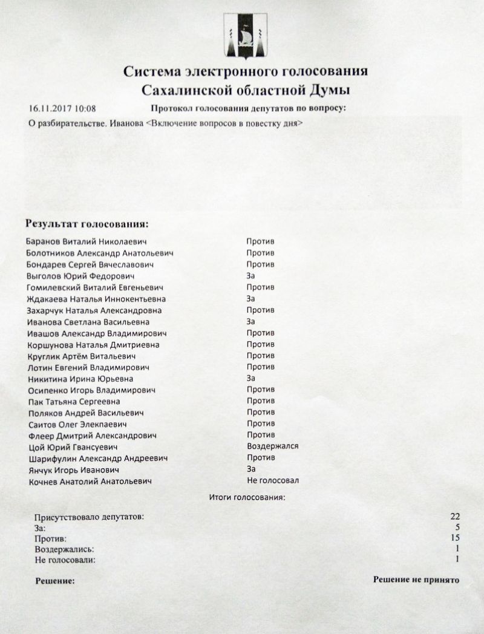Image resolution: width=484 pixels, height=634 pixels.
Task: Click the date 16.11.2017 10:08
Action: point(62,109)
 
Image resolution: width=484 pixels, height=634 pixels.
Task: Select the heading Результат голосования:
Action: point(87,224)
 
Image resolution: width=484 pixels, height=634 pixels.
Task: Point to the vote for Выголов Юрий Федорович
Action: point(251,276)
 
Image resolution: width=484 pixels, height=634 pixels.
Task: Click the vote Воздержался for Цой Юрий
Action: point(273,446)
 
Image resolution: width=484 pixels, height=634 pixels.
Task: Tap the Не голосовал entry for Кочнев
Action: point(273,481)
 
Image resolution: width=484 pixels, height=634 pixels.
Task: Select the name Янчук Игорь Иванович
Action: point(73,470)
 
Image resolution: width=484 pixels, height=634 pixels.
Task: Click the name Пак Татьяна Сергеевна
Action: point(74,402)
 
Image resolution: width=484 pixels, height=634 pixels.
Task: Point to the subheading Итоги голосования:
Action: point(246,498)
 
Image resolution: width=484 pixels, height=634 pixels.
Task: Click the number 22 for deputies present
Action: point(455,517)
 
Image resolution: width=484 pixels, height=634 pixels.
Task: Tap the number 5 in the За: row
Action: point(457,528)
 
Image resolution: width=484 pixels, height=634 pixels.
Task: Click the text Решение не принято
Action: point(416,580)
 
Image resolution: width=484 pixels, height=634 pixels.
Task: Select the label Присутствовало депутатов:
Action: point(90,517)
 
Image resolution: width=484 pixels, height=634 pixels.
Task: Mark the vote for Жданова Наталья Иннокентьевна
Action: point(251,299)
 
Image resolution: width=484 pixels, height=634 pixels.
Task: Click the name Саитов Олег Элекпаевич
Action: point(77,425)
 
